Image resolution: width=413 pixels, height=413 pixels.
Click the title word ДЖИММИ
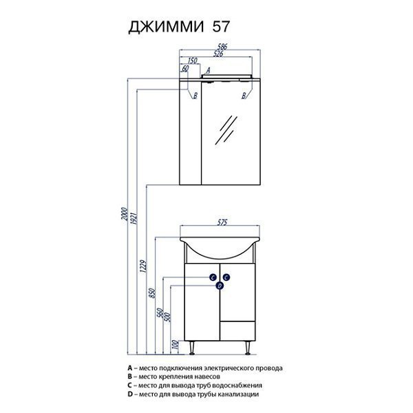click(166, 27)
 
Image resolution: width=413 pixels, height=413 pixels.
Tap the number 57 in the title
click(221, 26)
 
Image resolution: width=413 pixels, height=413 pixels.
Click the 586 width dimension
click(221, 47)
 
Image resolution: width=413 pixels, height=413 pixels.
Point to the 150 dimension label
click(192, 61)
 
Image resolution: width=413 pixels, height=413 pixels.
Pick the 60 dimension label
click(185, 69)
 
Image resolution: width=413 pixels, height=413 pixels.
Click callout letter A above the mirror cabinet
click(208, 70)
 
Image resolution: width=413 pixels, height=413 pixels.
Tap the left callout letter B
click(195, 96)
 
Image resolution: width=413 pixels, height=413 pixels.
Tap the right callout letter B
click(244, 96)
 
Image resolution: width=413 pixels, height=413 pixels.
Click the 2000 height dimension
click(125, 215)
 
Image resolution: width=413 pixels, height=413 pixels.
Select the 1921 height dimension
click(134, 218)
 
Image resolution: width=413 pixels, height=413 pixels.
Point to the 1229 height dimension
click(143, 267)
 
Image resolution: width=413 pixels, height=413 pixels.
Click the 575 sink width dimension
click(222, 223)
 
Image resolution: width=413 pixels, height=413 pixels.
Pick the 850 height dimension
click(153, 293)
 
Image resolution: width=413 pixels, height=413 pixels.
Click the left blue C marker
click(213, 277)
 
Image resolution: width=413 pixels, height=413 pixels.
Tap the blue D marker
click(220, 286)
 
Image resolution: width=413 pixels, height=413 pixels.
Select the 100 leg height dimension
click(175, 345)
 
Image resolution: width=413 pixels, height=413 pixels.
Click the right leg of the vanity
click(248, 348)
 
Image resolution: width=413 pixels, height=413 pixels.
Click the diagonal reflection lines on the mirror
click(226, 129)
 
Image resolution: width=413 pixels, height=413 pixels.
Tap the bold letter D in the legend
click(129, 394)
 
